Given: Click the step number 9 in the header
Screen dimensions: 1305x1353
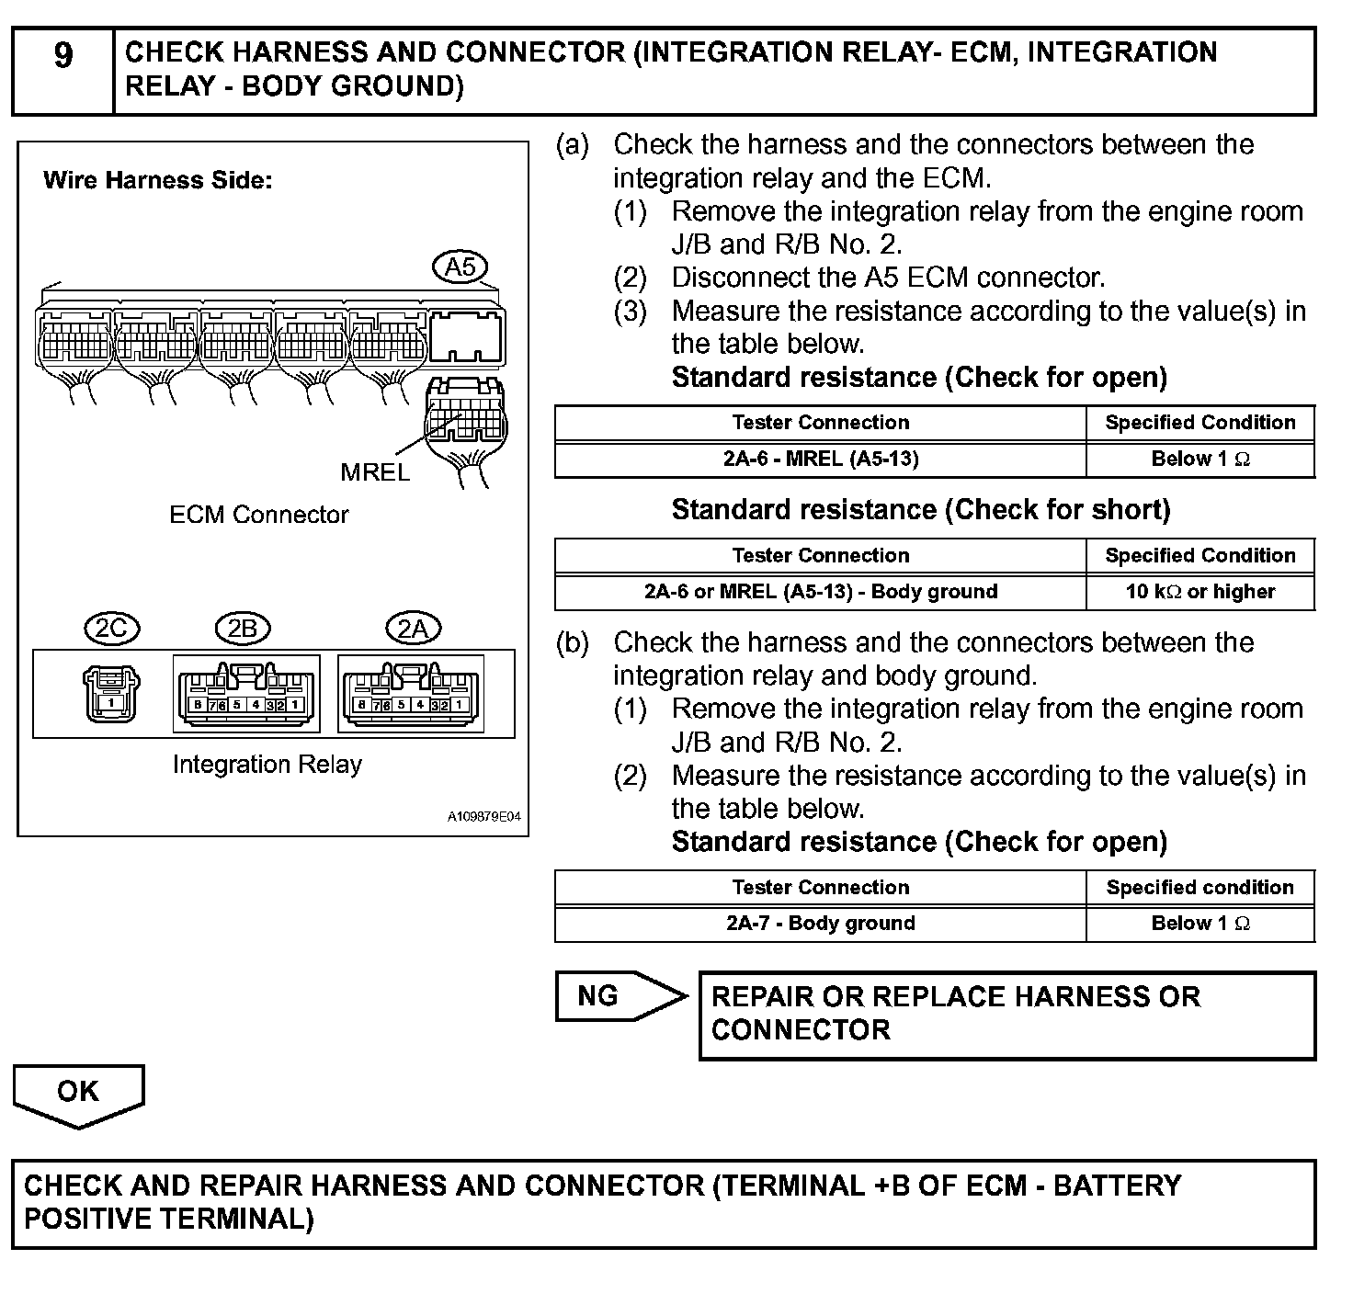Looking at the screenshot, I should coord(63,56).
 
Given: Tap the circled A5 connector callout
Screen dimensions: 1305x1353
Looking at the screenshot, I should coord(460,267).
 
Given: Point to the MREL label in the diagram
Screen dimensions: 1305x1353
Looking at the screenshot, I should coord(375,472).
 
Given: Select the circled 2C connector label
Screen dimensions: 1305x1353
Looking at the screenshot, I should coord(111,629).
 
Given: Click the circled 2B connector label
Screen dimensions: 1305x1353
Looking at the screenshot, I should coord(242,629).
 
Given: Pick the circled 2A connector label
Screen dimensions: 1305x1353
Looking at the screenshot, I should coord(413,629).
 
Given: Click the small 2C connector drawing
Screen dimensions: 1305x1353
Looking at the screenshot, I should coord(111,694).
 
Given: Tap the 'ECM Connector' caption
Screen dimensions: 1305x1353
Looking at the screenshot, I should coord(258,515).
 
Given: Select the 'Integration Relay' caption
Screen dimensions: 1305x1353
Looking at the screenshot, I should coord(267,765).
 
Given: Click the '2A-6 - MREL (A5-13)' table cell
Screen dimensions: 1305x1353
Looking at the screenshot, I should coord(820,460).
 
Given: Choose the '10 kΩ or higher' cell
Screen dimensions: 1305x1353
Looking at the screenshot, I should coord(1200,592).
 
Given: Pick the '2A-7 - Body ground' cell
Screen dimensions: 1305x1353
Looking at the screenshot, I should coord(820,924).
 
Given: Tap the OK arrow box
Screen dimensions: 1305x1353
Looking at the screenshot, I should coord(78,1094).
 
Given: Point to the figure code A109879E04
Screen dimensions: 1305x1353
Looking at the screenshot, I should coord(484,816).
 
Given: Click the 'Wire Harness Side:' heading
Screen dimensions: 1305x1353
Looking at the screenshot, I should coord(157,180).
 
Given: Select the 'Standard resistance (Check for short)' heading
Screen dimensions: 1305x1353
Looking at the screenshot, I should coord(920,510).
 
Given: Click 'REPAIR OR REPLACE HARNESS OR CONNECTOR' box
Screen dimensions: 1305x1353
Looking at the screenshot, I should coord(1006,1015).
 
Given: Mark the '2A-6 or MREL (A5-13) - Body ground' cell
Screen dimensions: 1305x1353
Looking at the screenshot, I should coord(820,592).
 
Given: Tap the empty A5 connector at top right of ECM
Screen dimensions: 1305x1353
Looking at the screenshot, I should coord(467,337).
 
